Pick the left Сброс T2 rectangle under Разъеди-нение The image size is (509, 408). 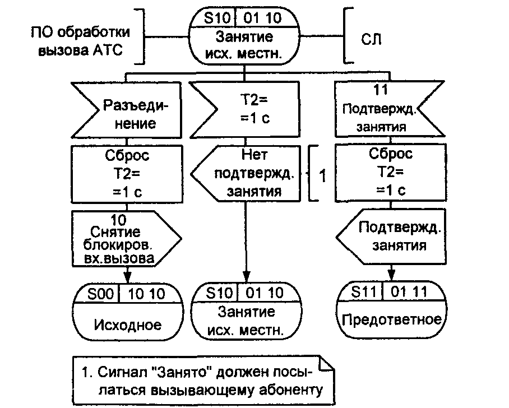click(x=128, y=173)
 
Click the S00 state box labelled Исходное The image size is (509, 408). click(x=128, y=310)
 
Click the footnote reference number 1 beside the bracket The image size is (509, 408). click(x=322, y=175)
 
